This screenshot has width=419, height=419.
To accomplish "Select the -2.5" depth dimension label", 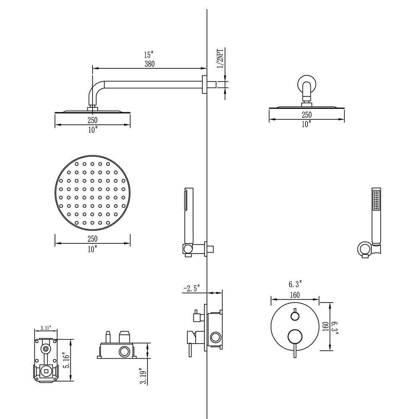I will (191, 288).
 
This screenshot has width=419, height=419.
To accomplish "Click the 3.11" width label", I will (45, 328).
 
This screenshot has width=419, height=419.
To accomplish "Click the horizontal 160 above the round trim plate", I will (295, 295).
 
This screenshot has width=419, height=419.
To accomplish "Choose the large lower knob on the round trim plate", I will (295, 336).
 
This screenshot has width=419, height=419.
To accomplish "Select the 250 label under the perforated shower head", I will (92, 239).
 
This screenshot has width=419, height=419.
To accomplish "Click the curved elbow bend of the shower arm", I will (96, 92).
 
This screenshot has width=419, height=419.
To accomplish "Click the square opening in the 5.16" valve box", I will (45, 370).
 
